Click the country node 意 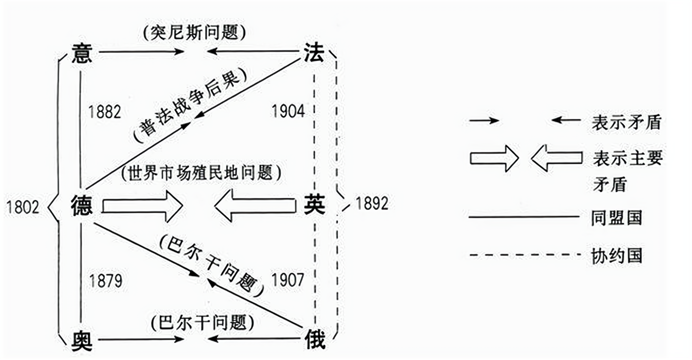click(x=82, y=53)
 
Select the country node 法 click(x=314, y=53)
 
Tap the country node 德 click(x=82, y=205)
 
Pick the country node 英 click(x=314, y=204)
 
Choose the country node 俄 click(x=315, y=339)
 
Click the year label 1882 click(x=105, y=112)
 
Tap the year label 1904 click(x=288, y=111)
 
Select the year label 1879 click(x=106, y=281)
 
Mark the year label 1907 click(x=288, y=280)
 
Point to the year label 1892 click(x=372, y=203)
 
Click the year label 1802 click(x=23, y=207)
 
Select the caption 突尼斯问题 click(x=194, y=33)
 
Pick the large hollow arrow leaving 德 click(x=142, y=206)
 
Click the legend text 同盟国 click(x=616, y=218)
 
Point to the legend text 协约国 click(x=616, y=256)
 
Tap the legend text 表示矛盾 click(x=627, y=122)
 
